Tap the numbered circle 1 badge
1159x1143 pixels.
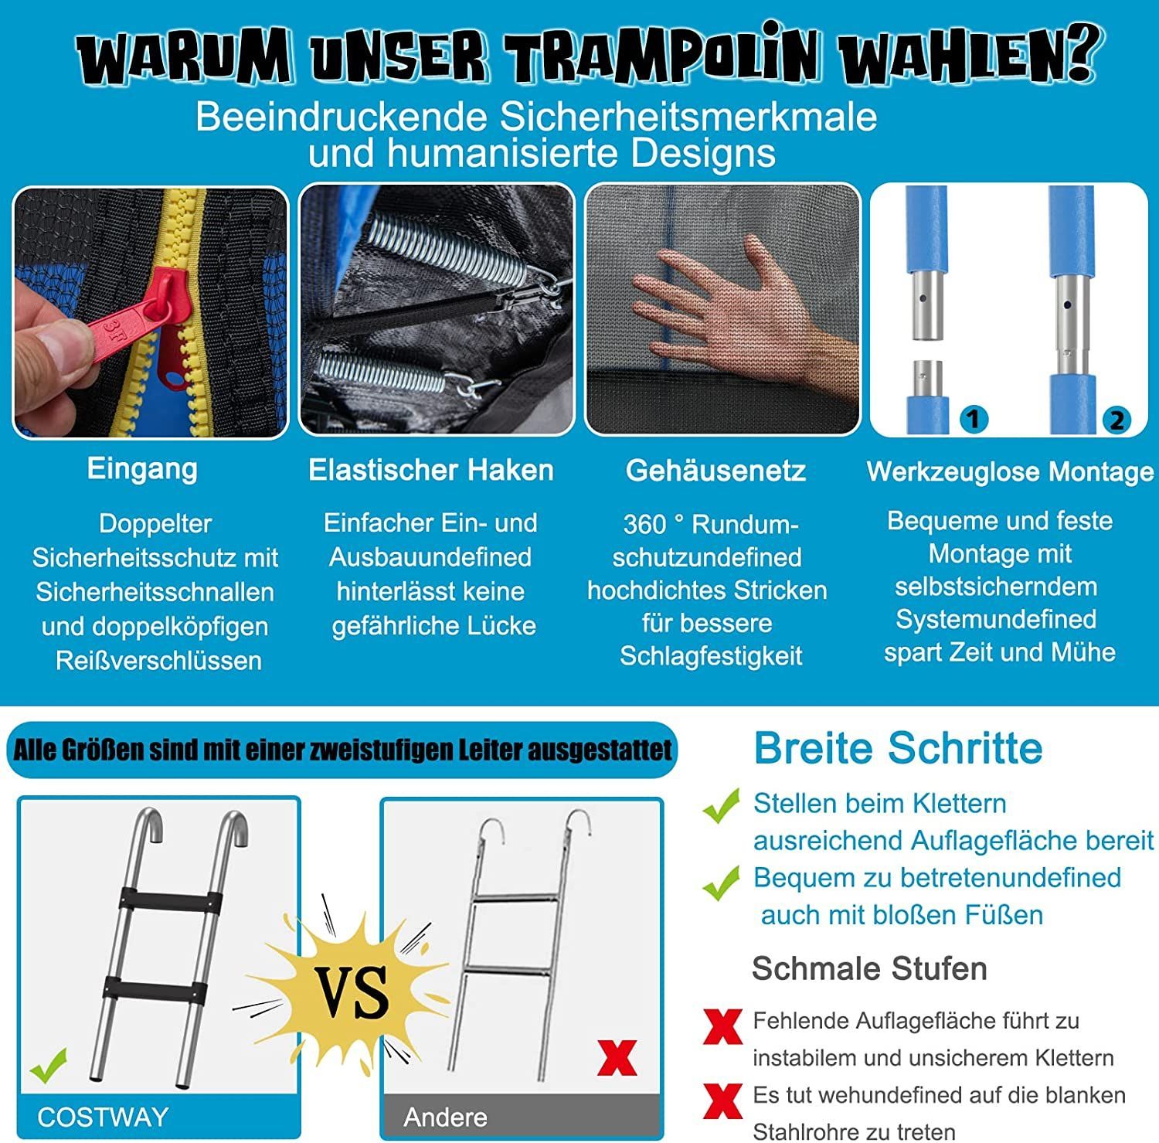(x=974, y=419)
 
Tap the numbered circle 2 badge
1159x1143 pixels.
(x=1117, y=420)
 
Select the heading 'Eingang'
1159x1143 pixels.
(x=142, y=469)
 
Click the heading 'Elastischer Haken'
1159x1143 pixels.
(x=431, y=470)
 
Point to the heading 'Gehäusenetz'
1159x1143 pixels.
(x=715, y=471)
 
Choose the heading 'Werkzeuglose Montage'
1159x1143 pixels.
(x=1011, y=471)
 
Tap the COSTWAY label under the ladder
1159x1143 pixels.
(x=103, y=1117)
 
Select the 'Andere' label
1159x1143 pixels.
(x=445, y=1117)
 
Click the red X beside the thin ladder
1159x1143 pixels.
(x=617, y=1057)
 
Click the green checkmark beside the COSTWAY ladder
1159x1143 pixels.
(x=48, y=1065)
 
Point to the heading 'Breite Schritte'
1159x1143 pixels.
(x=898, y=747)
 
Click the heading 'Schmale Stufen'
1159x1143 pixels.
(x=869, y=968)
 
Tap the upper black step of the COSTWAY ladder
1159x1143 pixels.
(x=170, y=900)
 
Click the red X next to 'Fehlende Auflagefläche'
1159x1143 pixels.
(x=722, y=1027)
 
